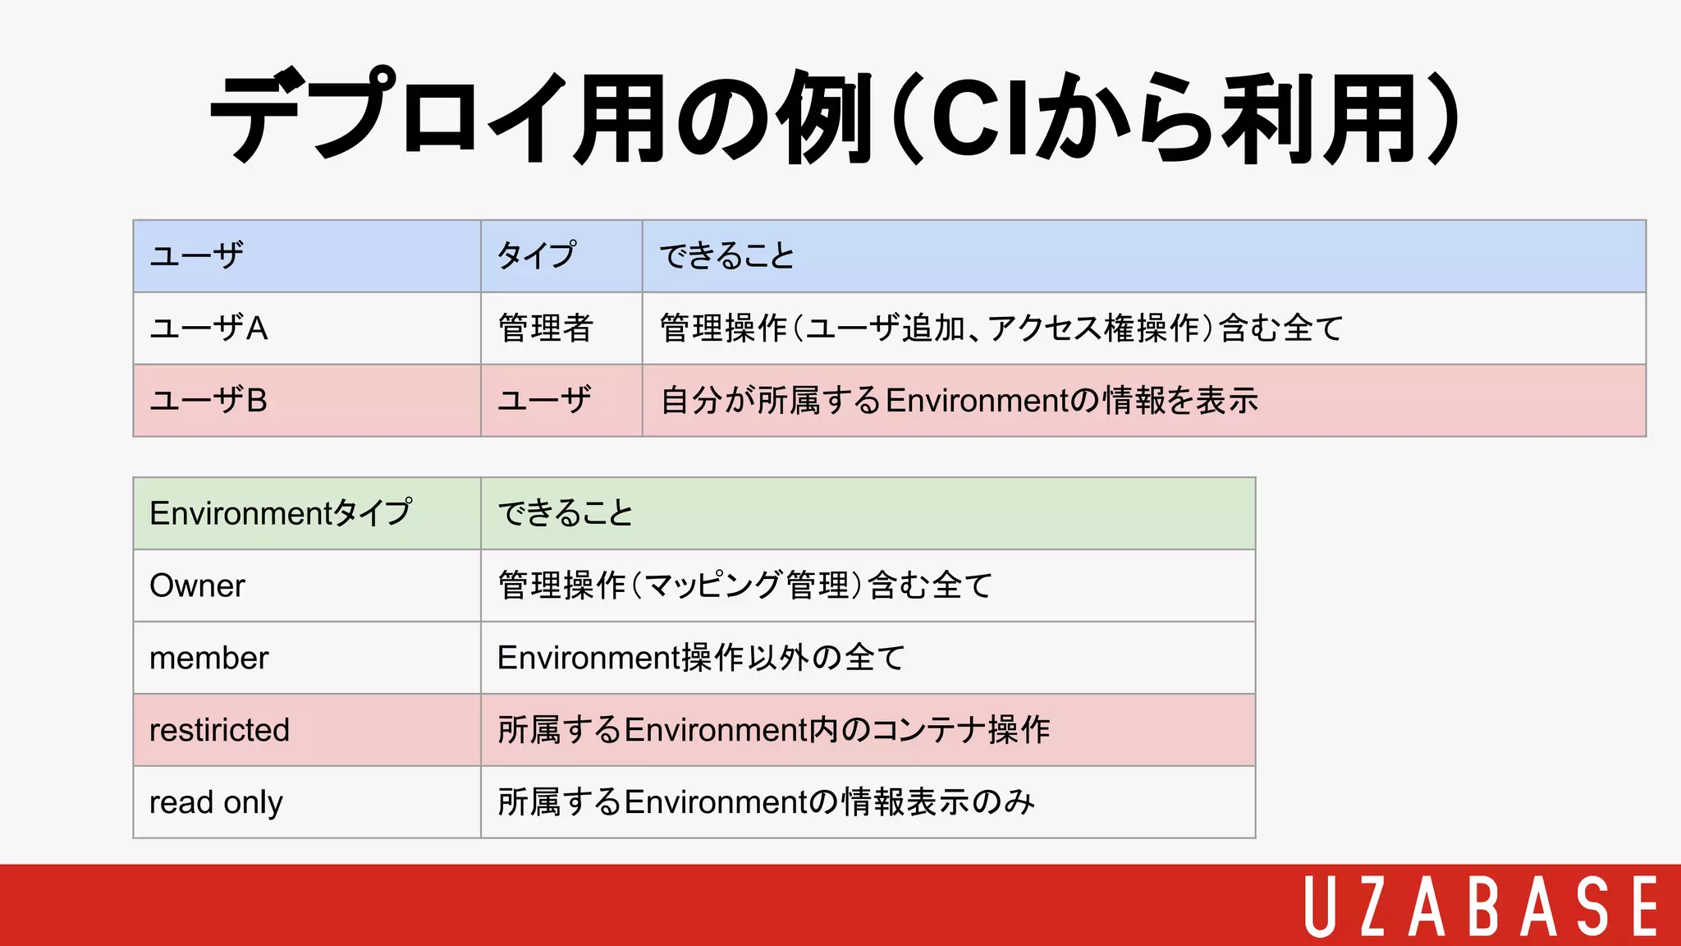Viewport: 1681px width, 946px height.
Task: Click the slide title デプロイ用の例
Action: (x=833, y=117)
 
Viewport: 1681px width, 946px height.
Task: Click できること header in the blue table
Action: (x=727, y=255)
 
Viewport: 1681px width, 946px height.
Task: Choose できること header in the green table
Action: (x=566, y=513)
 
